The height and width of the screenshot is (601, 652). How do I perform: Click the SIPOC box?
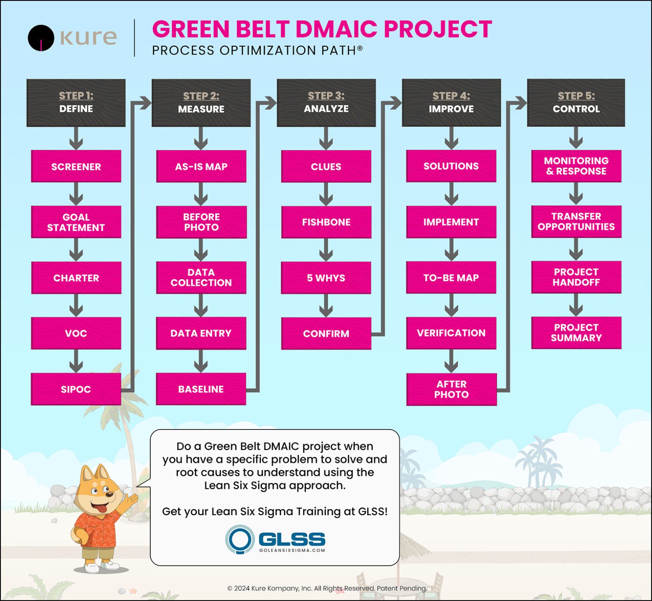click(x=76, y=389)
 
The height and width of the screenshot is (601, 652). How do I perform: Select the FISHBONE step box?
click(x=326, y=222)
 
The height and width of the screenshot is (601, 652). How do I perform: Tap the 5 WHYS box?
click(x=326, y=278)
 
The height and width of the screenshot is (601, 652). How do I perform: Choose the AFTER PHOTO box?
click(x=451, y=389)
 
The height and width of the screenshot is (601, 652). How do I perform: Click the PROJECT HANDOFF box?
click(x=576, y=277)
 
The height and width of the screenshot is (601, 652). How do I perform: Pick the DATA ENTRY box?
click(x=201, y=333)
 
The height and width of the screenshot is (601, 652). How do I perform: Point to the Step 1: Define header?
click(x=76, y=103)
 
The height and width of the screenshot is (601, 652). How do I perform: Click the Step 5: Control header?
click(x=576, y=103)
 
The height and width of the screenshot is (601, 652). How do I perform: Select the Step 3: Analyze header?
click(x=326, y=103)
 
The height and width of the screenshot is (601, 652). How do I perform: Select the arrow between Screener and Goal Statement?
click(x=76, y=194)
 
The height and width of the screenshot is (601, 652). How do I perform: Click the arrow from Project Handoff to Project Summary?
click(x=576, y=305)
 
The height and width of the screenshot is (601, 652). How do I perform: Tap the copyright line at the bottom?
click(x=327, y=588)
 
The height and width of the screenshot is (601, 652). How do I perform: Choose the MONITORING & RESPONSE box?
click(x=576, y=166)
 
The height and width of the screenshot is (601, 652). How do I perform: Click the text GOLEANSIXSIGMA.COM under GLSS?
click(x=292, y=550)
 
